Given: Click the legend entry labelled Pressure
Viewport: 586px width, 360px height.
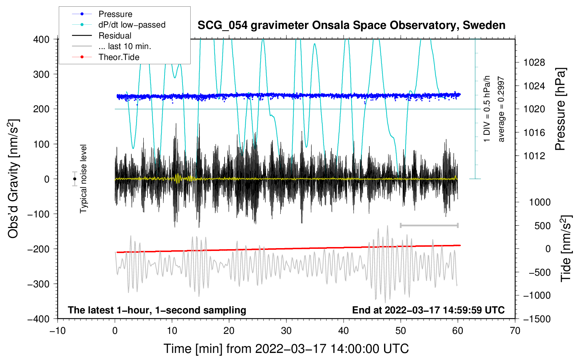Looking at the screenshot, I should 115,14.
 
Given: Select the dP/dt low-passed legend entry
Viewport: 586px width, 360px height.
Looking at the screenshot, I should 132,25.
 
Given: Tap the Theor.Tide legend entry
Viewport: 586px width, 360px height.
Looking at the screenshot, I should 119,57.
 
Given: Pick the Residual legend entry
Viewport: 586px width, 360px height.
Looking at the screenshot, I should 115,36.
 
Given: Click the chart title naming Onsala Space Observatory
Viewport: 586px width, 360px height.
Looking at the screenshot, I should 351,25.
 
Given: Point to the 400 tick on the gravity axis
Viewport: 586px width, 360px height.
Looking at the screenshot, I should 42,40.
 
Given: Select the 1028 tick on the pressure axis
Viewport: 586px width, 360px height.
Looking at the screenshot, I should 534,63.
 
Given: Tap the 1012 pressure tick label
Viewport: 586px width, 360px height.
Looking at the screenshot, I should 534,156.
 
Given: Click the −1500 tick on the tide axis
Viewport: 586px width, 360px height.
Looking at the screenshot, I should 537,319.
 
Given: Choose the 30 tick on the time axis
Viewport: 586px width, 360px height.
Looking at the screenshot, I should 286,331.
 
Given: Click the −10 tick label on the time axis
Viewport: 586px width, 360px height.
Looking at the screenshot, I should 58,331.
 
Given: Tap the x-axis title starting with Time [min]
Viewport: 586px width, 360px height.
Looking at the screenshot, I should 286,349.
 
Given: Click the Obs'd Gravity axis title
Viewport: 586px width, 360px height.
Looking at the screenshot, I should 13,179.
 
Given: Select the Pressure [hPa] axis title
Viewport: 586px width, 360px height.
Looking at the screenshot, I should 560,109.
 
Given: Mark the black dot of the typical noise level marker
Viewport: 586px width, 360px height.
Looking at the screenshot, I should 75,179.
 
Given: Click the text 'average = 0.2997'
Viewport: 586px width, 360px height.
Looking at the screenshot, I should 501,109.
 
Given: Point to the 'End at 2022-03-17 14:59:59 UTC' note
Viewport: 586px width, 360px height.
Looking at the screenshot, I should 428,310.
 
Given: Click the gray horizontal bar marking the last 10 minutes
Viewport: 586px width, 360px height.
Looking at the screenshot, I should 429,225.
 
